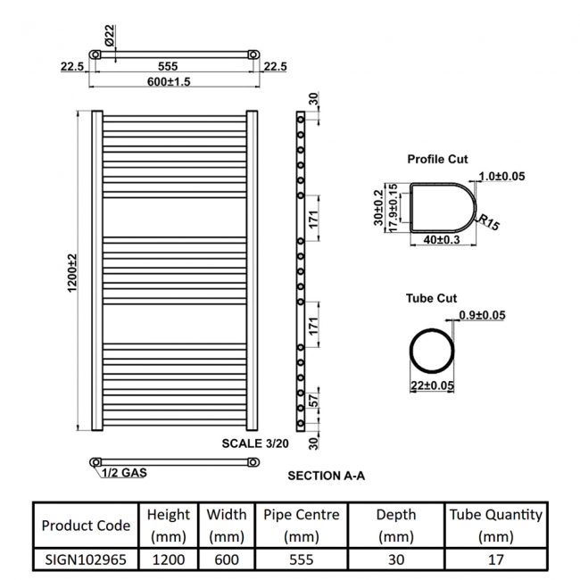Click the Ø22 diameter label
pyautogui.click(x=108, y=38)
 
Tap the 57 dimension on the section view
pyautogui.click(x=312, y=399)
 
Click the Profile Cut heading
pyautogui.click(x=437, y=159)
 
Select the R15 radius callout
pyautogui.click(x=488, y=222)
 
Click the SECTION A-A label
pyautogui.click(x=326, y=476)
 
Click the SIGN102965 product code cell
pyautogui.click(x=86, y=559)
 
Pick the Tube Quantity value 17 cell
pyautogui.click(x=495, y=559)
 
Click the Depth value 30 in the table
pyautogui.click(x=395, y=559)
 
